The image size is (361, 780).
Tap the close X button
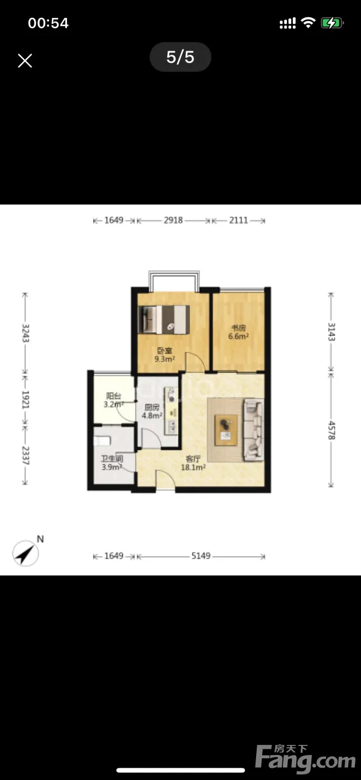tap(25, 61)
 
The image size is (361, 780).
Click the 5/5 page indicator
tap(180, 57)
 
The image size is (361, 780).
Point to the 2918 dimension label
tap(174, 220)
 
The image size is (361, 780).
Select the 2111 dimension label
tap(239, 220)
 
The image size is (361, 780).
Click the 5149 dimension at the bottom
tap(201, 555)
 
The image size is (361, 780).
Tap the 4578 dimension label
tap(331, 430)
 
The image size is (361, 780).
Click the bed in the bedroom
tap(164, 320)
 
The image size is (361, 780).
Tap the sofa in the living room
tap(253, 430)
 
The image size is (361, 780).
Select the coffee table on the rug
tap(226, 430)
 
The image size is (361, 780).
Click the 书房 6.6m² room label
tap(239, 332)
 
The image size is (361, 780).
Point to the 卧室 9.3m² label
tap(165, 355)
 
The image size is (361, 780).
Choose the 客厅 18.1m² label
tap(193, 463)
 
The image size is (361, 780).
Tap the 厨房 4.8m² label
tap(152, 411)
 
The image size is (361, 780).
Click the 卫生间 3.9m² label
tap(112, 463)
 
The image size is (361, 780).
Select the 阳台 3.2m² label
tap(114, 400)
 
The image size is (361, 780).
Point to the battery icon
tap(332, 23)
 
